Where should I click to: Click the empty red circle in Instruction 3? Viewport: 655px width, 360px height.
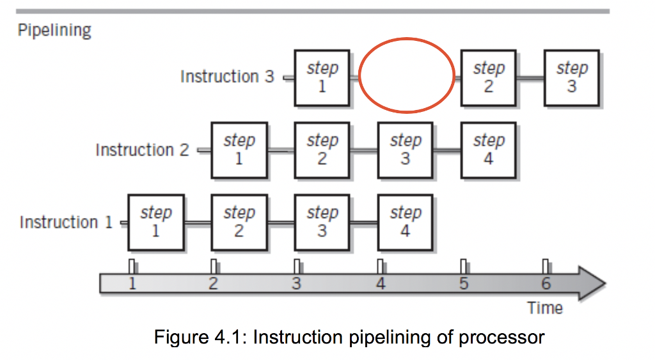pos(407,77)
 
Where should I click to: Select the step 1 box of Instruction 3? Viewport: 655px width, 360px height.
pos(322,77)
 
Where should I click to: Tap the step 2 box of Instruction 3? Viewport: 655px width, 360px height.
pos(489,77)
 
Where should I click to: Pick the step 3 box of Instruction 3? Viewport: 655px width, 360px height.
pos(571,77)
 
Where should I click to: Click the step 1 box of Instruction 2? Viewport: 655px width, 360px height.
pos(239,150)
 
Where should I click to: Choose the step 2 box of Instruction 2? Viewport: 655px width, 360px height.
pos(322,150)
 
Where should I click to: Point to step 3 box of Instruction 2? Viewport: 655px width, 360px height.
pos(405,150)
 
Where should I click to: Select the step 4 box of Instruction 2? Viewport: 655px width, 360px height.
pos(489,150)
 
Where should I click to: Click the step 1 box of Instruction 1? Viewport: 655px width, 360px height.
pos(155,222)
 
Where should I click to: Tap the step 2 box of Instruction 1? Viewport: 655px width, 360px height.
pos(239,222)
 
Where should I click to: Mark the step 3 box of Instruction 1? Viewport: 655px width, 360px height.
pos(322,222)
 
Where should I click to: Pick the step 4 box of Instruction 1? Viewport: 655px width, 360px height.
pos(405,222)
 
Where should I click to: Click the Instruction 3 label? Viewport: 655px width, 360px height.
pos(227,77)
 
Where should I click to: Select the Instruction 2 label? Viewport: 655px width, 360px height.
pos(142,150)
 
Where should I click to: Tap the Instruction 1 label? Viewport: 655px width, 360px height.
pos(66,223)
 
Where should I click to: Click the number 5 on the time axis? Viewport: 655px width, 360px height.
pos(464,283)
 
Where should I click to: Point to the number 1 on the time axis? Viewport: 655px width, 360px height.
pos(132,283)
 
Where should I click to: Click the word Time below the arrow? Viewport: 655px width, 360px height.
pos(545,308)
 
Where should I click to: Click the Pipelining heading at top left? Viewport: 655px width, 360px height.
pos(54,30)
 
